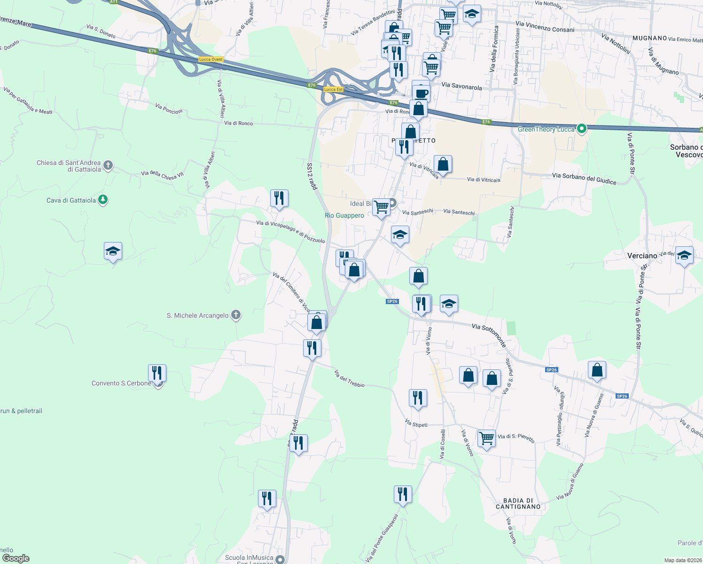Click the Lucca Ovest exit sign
[211, 59]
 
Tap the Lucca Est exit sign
[333, 89]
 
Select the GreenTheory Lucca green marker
[582, 129]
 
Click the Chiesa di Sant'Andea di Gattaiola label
[69, 166]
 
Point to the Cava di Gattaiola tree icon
[103, 200]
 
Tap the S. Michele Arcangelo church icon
[236, 315]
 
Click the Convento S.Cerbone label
[121, 383]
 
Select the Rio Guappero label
[344, 215]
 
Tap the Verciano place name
[642, 256]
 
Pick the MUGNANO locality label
[649, 38]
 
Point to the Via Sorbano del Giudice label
[584, 178]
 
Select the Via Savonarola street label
[461, 86]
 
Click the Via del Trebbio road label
[349, 378]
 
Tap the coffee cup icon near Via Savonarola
[422, 93]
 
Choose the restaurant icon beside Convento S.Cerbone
[157, 373]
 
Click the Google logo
[16, 558]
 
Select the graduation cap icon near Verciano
[684, 255]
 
